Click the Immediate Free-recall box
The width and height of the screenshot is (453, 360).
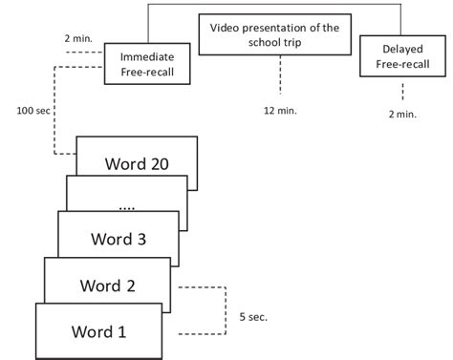click(x=145, y=63)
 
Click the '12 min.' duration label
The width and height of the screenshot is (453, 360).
click(x=281, y=109)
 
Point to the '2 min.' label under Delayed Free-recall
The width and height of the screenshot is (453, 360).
click(x=402, y=114)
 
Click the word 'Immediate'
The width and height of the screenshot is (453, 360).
click(x=146, y=56)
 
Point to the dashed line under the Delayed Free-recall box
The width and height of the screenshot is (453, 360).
click(x=402, y=93)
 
